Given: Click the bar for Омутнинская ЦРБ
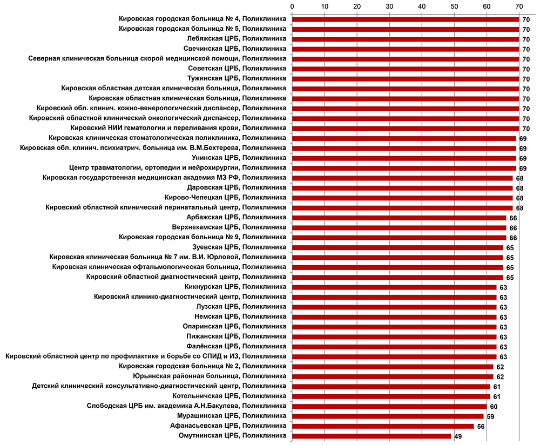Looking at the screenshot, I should pyautogui.click(x=372, y=436).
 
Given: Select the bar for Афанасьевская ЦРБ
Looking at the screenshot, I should pyautogui.click(x=383, y=426).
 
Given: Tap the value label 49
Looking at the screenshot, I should pyautogui.click(x=457, y=436).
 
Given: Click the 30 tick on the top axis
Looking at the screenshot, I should pyautogui.click(x=389, y=6).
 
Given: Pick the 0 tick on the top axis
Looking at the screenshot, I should pyautogui.click(x=292, y=6).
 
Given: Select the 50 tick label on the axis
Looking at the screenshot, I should pyautogui.click(x=454, y=6).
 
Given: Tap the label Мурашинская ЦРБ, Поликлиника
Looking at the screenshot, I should pyautogui.click(x=232, y=416).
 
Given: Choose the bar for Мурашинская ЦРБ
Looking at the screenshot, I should pyautogui.click(x=388, y=416).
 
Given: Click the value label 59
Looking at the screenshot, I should pyautogui.click(x=490, y=416).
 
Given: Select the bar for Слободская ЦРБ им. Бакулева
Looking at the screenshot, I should pyautogui.click(x=389, y=406).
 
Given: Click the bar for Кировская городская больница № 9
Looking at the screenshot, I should pyautogui.click(x=399, y=238).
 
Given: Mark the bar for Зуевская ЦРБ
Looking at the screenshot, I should pyautogui.click(x=397, y=247).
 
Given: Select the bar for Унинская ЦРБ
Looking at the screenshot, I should pyautogui.click(x=404, y=158).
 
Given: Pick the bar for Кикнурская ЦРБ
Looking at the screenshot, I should pyautogui.click(x=394, y=287).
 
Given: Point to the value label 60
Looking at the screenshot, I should pyautogui.click(x=493, y=406).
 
